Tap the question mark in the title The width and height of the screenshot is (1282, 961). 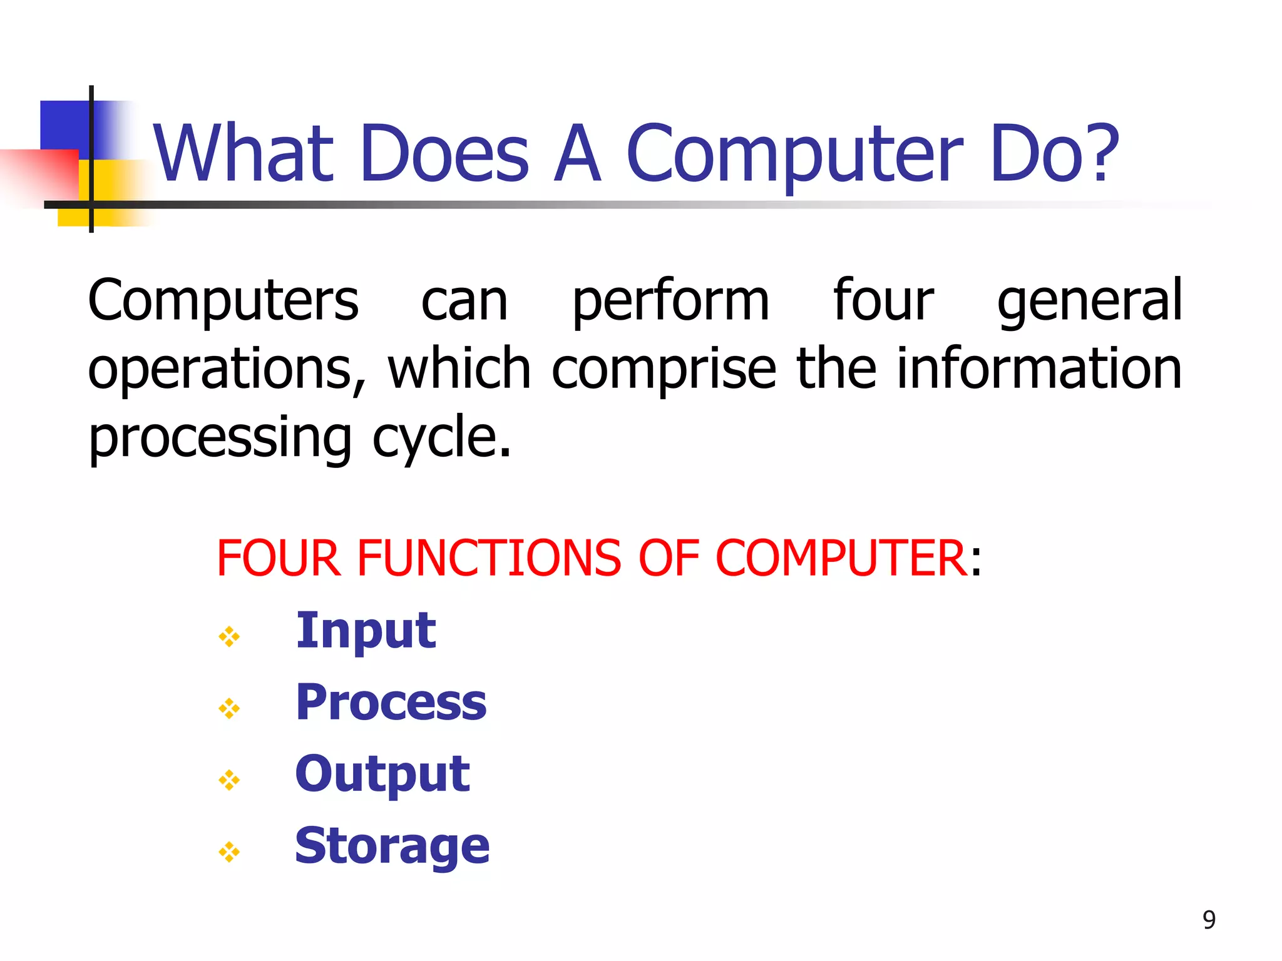tap(1099, 153)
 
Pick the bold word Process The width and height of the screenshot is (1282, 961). tap(391, 703)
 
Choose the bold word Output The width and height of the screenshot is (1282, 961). tap(382, 775)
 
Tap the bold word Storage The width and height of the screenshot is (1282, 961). tap(392, 846)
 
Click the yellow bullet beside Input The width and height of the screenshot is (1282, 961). tap(229, 637)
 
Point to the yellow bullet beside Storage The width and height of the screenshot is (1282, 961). tap(229, 852)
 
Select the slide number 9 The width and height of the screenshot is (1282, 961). tap(1209, 920)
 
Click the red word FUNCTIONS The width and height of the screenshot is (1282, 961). tap(489, 558)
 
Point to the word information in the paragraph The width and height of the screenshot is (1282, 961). tap(1039, 369)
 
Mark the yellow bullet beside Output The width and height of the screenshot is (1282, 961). tap(229, 780)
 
